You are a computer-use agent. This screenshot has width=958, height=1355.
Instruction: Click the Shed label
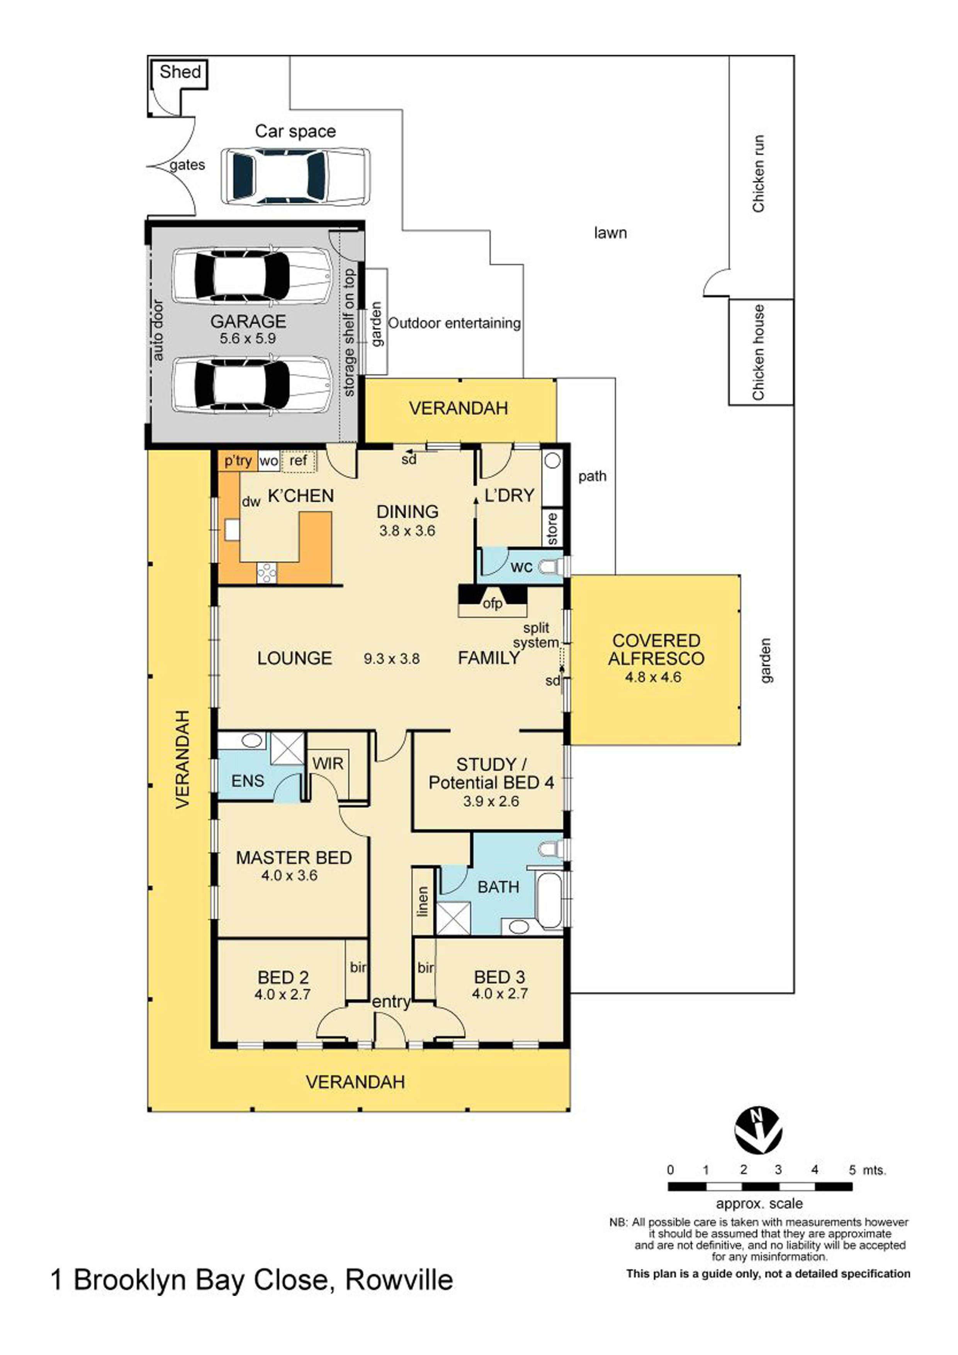click(180, 72)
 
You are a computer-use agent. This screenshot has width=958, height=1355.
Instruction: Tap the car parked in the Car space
click(296, 177)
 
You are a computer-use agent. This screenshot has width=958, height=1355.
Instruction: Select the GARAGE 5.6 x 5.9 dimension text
click(248, 338)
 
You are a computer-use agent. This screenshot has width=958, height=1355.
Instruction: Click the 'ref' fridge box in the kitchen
click(299, 460)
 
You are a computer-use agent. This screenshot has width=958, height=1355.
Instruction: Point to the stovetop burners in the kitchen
click(267, 572)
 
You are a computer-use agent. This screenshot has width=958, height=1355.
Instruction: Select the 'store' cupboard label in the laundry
click(552, 528)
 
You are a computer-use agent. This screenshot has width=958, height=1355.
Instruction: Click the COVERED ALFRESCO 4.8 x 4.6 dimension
click(653, 677)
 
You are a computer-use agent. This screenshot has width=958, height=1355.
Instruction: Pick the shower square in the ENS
click(287, 749)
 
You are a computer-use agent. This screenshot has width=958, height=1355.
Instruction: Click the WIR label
click(328, 764)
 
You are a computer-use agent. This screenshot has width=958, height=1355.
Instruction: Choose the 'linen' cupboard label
click(422, 902)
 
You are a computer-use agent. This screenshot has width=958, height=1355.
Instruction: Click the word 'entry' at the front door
click(391, 1002)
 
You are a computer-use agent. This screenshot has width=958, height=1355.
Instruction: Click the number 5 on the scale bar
click(852, 1170)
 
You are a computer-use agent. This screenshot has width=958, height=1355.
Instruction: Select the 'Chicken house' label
click(759, 352)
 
